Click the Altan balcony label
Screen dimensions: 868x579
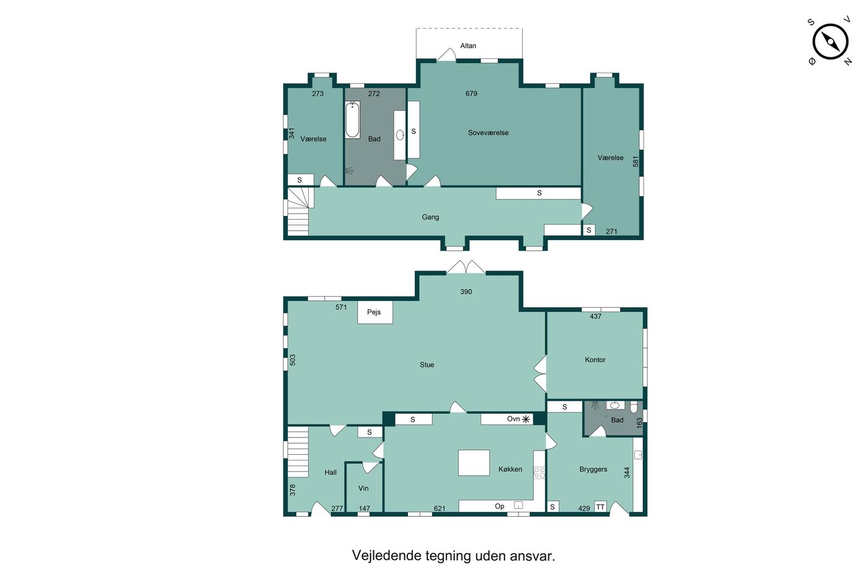(467, 46)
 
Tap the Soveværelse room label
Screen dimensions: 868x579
(488, 133)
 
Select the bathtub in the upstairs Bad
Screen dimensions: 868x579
(352, 119)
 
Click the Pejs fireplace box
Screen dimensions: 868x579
(374, 312)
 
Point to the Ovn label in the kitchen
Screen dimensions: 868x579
(513, 419)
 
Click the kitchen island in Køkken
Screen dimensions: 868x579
(474, 463)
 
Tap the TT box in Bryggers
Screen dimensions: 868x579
(600, 506)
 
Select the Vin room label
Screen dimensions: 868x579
(363, 488)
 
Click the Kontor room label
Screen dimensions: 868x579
(595, 360)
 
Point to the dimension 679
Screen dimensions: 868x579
(471, 94)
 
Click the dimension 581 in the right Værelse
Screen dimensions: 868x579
(635, 161)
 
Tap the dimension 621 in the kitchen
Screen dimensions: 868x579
(440, 508)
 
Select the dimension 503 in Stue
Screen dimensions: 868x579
(293, 360)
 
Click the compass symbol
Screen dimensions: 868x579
(830, 42)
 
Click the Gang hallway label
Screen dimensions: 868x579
(430, 217)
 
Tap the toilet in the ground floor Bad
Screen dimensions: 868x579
(634, 407)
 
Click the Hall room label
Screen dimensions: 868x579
(330, 472)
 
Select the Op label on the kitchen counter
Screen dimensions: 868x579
(500, 506)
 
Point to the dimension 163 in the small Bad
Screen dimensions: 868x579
(639, 423)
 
